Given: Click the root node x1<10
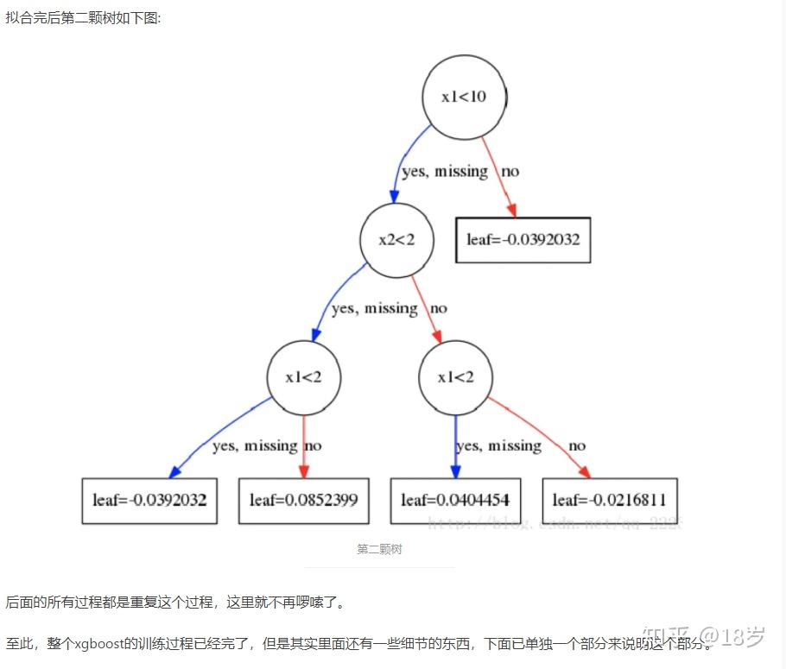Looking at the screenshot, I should (x=464, y=97).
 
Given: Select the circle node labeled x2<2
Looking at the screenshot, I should (x=396, y=240).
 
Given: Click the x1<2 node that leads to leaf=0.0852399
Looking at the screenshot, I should (x=304, y=377).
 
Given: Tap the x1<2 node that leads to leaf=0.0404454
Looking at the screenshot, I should (x=455, y=377).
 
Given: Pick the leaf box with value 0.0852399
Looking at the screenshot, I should (x=303, y=501).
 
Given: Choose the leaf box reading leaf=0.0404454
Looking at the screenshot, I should (x=455, y=501).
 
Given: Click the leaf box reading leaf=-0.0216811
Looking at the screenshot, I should (x=609, y=501).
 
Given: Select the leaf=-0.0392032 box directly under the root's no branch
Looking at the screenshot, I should (x=523, y=240).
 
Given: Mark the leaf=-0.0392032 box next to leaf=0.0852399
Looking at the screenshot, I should (x=149, y=501).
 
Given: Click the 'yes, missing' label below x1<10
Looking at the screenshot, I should (x=445, y=171).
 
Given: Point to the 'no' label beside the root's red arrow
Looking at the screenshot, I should (x=510, y=171).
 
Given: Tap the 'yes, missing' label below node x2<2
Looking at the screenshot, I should (x=374, y=308).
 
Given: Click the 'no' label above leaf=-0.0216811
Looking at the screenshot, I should (x=577, y=446).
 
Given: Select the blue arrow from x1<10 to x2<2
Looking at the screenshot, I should (x=403, y=160).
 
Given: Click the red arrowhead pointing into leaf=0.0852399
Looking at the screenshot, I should (x=304, y=471).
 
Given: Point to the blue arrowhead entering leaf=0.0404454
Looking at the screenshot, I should (x=455, y=471).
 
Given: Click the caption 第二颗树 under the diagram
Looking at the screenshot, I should (x=379, y=549).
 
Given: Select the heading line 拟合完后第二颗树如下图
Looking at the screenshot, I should (x=84, y=17).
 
